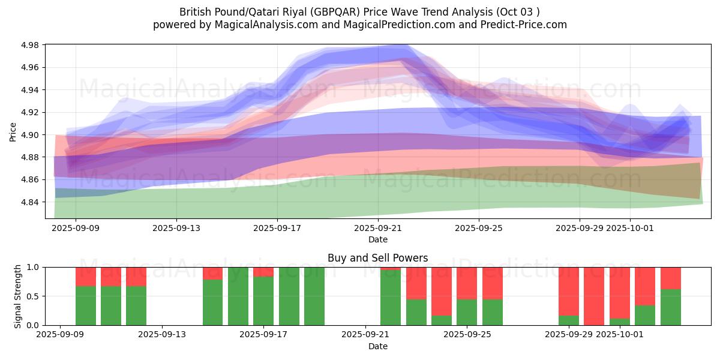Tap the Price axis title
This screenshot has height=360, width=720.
click(13, 131)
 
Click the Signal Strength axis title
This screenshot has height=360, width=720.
click(18, 296)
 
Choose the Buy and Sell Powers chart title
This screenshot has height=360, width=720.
click(377, 258)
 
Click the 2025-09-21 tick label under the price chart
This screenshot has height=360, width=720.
click(378, 228)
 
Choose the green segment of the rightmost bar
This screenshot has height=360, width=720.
click(671, 307)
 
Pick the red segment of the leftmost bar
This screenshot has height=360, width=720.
click(86, 277)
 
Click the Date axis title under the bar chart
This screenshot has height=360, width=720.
click(377, 346)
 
